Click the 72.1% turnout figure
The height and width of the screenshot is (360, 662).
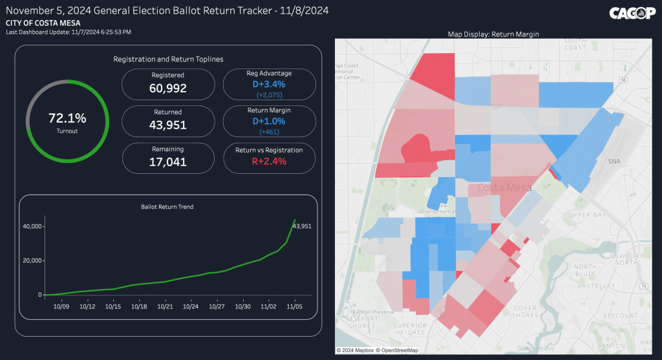[x=67, y=118]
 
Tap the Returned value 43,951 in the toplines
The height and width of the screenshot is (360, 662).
[x=167, y=125]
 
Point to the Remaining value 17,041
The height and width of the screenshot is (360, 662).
[x=167, y=162]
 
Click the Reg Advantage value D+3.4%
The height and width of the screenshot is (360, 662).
[x=270, y=84]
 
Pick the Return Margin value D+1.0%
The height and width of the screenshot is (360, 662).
[x=270, y=121]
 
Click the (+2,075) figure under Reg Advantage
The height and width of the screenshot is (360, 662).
[x=270, y=94]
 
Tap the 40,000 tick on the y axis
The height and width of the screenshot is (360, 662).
[x=32, y=226]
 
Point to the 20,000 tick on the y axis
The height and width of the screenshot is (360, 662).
[x=32, y=260]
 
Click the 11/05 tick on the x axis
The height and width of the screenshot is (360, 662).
[x=295, y=306]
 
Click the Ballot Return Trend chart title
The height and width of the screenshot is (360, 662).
[x=167, y=207]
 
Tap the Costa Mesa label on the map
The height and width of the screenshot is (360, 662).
[x=504, y=188]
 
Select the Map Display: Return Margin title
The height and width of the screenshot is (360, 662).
[x=493, y=34]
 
